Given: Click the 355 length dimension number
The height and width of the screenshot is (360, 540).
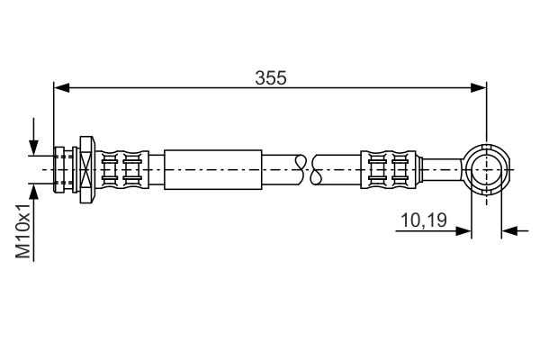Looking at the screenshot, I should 270,77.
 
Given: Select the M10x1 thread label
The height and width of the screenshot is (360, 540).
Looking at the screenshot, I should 25,231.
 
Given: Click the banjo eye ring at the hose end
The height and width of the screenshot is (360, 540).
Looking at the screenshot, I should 486,167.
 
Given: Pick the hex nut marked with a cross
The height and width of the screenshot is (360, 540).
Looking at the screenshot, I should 86,167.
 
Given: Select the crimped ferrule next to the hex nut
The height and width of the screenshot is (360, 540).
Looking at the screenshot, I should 123,167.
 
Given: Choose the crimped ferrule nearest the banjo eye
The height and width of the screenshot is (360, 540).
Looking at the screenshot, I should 392,167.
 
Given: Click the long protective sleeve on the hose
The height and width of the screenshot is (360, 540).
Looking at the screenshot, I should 213,167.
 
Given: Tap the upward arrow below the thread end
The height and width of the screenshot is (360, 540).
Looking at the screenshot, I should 34,191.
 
